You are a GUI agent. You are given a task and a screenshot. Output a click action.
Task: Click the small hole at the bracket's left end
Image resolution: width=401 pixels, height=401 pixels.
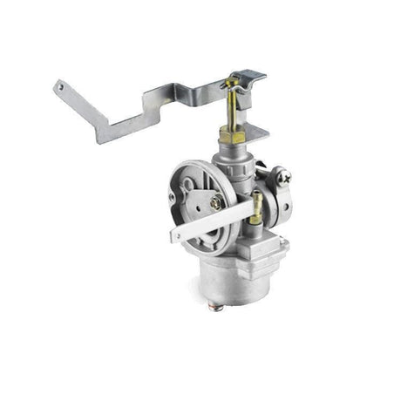(60, 85)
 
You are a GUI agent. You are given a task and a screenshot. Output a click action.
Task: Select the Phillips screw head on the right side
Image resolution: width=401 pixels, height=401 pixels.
(284, 178)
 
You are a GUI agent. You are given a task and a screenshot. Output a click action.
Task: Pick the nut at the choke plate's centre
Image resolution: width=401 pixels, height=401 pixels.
(215, 203)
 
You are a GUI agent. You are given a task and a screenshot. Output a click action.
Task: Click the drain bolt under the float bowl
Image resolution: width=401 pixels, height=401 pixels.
(218, 307)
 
